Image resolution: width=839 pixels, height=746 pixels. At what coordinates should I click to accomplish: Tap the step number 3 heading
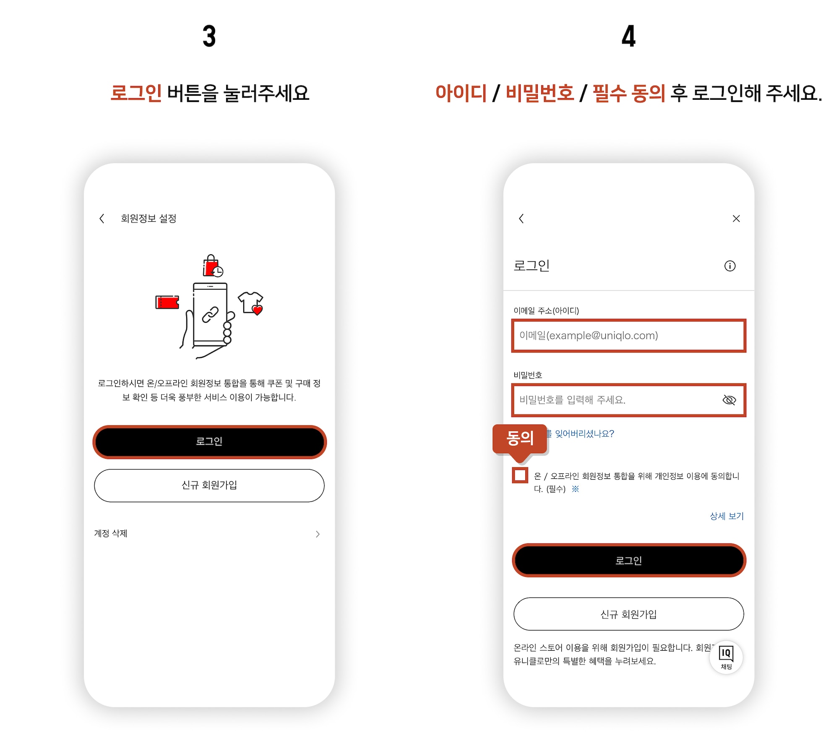209,36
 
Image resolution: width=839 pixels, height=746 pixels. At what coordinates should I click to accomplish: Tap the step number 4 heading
628,36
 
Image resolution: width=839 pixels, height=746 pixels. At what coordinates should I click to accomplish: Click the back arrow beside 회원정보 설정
102,218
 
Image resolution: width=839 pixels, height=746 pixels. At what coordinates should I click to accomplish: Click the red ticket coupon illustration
167,302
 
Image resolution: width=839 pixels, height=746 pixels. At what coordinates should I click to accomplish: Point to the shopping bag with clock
212,266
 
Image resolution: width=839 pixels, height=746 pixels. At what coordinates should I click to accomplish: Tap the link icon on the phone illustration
210,315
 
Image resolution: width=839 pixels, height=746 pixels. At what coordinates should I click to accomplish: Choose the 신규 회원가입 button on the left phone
209,485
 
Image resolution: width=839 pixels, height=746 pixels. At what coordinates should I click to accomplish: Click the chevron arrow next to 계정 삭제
318,534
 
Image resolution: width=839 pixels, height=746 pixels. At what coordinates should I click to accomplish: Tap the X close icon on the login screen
736,219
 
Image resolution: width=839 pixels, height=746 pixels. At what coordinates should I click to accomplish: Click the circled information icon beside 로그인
730,266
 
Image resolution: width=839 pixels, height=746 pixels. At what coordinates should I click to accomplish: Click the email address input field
628,336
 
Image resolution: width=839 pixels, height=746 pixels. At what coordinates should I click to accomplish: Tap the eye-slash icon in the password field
729,400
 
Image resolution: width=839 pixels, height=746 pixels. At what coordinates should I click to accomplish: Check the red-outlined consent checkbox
520,475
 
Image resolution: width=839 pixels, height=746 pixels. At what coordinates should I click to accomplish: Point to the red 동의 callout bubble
520,438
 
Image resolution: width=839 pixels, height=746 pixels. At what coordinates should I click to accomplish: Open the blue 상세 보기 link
726,516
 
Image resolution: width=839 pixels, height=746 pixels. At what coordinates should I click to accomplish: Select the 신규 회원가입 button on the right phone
628,614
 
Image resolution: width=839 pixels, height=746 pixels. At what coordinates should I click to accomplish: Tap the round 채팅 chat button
726,657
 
